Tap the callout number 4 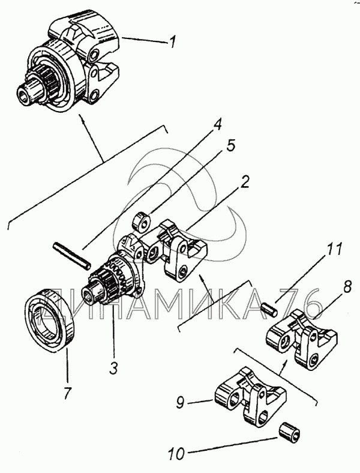click(x=218, y=125)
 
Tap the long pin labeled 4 click(x=71, y=255)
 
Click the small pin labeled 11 click(x=269, y=307)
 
